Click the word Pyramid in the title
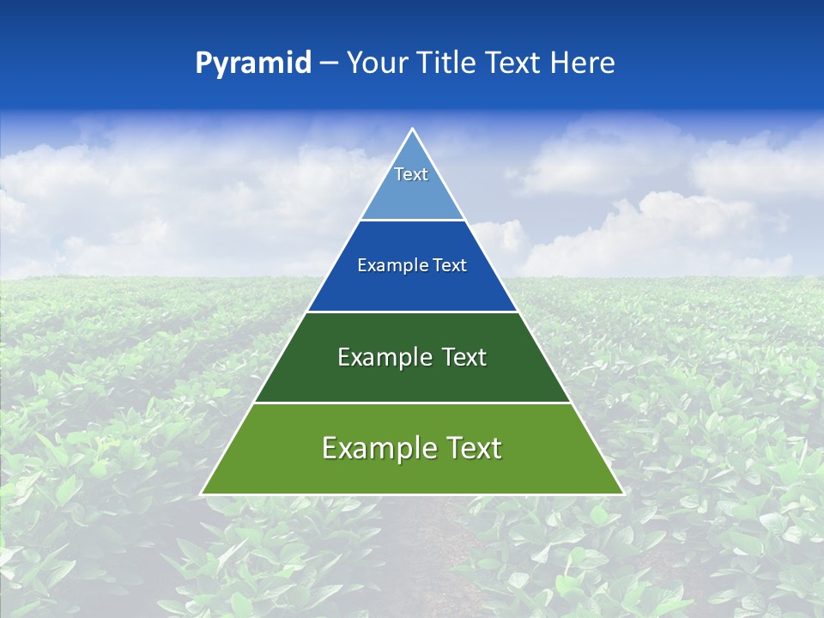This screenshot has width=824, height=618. point(253,64)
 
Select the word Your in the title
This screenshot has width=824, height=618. point(377,63)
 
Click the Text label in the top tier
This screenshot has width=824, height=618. point(411,174)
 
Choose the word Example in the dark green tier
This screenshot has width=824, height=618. point(377,357)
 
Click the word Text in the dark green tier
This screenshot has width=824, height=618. point(461,357)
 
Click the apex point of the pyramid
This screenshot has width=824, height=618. point(412,130)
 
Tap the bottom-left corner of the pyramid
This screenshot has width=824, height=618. point(203,494)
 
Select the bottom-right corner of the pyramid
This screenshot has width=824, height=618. point(622,494)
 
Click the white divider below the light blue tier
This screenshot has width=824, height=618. point(412,220)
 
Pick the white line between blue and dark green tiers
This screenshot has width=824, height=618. point(412,312)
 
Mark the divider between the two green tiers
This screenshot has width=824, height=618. point(412,403)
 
